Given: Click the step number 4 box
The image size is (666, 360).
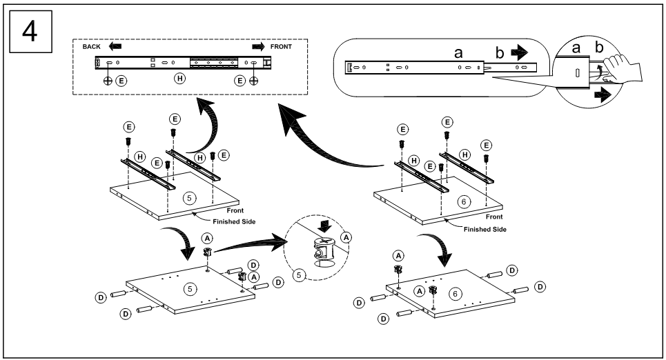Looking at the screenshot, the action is [30, 32].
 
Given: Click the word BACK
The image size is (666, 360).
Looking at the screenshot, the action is [92, 47].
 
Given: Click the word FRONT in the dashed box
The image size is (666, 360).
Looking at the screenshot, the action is [281, 47].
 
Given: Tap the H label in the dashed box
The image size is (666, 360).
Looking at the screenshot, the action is [180, 78].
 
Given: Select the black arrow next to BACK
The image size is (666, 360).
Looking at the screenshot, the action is [115, 46].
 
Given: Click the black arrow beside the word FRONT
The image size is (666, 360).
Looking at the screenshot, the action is [258, 47].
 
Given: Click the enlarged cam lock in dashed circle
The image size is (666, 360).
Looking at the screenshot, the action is [324, 252].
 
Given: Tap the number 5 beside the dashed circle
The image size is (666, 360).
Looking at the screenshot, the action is [299, 275].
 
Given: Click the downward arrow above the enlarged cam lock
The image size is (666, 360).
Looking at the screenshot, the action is [325, 226].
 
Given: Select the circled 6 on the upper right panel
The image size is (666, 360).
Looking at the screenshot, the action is [464, 201].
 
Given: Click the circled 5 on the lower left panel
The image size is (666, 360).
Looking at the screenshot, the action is [189, 289].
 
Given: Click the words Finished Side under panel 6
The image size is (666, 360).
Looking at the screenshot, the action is [485, 229].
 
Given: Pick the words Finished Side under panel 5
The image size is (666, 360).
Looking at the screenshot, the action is [234, 221].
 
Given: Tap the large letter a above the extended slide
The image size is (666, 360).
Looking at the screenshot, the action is [458, 53].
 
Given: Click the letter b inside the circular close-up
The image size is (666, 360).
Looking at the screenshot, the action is [599, 47].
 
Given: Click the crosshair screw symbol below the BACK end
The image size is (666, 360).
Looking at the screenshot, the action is [108, 80].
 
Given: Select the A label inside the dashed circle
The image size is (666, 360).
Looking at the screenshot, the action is [346, 238].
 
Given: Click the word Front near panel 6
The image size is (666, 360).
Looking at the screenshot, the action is [494, 217].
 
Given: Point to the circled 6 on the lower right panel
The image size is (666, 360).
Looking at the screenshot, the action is [456, 294].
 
